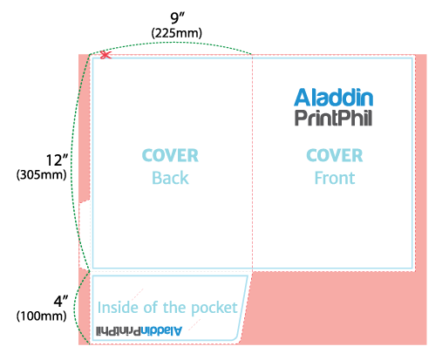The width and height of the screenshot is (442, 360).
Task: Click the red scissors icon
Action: click(105, 55)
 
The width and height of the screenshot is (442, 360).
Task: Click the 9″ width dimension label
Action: click(177, 18)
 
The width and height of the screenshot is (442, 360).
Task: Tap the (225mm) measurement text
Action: click(176, 33)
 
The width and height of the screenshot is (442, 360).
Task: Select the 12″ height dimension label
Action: click(57, 160)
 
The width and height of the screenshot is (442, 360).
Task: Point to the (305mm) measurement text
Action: click(42, 174)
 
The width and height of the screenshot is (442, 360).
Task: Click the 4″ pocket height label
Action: click(61, 302)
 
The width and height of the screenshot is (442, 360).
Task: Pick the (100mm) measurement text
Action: click(42, 316)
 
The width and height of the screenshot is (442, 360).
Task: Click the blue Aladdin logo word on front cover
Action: click(333, 98)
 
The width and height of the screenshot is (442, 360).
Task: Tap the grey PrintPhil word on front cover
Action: click(333, 118)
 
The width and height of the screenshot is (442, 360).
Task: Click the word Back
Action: click(170, 178)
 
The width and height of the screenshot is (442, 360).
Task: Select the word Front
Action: click(335, 178)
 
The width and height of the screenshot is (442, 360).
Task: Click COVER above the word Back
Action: click(170, 155)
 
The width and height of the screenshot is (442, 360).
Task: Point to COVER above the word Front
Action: click(335, 155)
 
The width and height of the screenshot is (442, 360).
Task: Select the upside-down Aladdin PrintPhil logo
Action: click(139, 331)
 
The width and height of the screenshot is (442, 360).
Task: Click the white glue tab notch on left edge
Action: click(85, 234)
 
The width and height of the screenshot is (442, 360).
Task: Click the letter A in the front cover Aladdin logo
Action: click(303, 98)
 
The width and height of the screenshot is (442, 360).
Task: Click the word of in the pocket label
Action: click(151, 308)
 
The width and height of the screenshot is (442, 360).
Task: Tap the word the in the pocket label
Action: click(175, 308)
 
